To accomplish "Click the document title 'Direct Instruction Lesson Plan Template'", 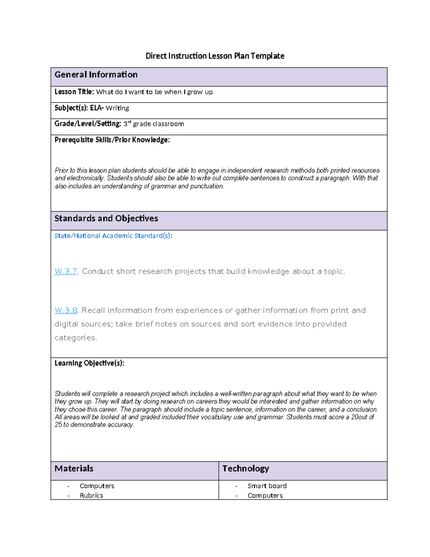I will point(215,56).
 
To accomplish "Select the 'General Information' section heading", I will point(96,75).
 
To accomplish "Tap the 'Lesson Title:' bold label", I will point(74,92).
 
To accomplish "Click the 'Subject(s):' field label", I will point(71,108).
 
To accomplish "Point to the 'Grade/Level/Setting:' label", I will point(88,124).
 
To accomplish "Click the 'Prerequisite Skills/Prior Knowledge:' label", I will point(112,140).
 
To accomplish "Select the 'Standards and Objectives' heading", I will point(106,218).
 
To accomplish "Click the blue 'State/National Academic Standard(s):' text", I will point(113,236).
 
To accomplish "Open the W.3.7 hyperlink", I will point(66,272).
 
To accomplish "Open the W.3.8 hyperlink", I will point(66,310).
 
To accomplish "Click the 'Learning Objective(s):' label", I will point(89,363).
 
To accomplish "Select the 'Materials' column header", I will point(74,468).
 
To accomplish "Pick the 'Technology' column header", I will point(245,468).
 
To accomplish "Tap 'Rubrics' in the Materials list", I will point(91,495).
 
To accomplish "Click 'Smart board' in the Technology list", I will point(267,486).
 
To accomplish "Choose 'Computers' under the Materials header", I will point(97,486).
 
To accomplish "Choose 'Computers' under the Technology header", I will point(265,495).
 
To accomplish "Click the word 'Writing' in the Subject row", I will point(117,108).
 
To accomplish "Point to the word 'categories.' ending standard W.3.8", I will point(76,338).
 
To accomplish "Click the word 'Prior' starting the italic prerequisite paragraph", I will point(61,170).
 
